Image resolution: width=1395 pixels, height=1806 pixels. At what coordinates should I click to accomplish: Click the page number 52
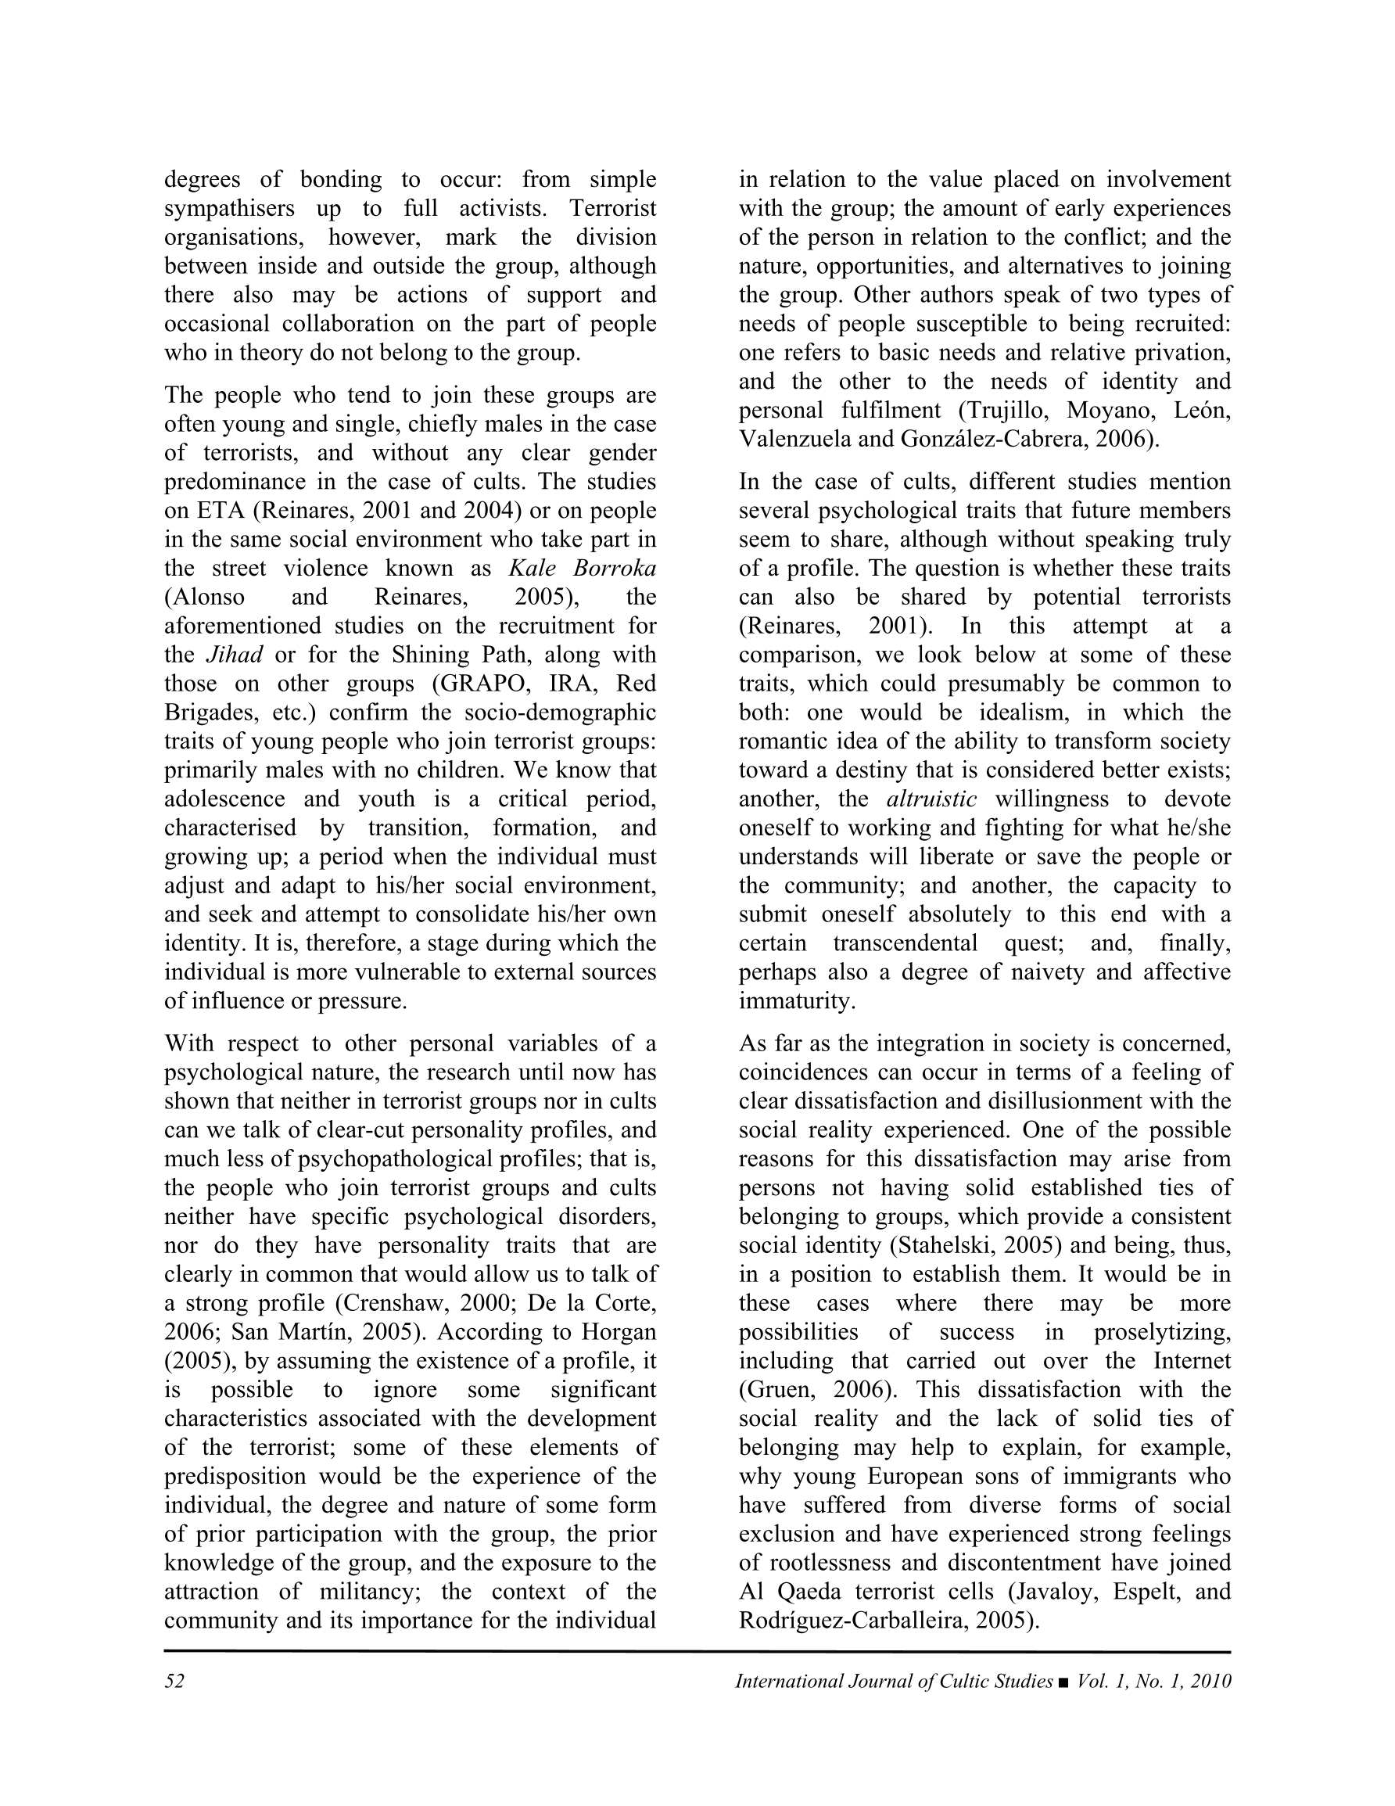tap(174, 1682)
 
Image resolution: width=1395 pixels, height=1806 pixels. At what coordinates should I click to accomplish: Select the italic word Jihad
tap(234, 655)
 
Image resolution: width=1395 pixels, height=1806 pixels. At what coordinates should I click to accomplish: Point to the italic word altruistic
tap(931, 799)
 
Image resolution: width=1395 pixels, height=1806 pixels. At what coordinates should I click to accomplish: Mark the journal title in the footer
tap(894, 1682)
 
